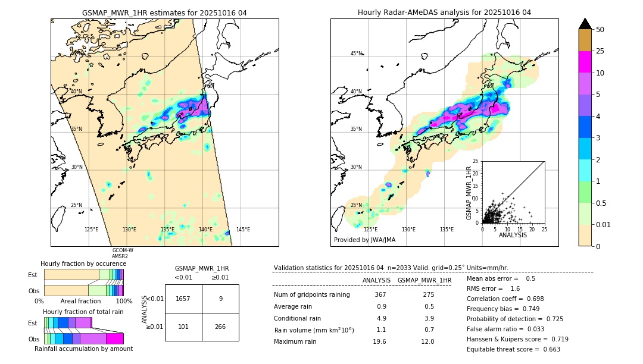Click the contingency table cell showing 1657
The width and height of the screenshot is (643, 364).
click(183, 299)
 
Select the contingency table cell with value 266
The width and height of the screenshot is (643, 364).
click(220, 326)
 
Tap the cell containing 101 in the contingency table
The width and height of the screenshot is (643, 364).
click(183, 326)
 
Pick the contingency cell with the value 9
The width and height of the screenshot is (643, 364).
click(220, 299)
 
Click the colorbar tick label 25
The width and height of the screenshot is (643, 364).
click(600, 51)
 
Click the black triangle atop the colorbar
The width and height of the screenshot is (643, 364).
click(585, 24)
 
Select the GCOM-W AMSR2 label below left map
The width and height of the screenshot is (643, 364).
click(123, 253)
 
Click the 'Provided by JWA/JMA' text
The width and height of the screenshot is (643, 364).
click(364, 240)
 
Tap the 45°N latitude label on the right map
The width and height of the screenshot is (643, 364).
click(356, 54)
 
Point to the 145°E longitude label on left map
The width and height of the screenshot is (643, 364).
click(243, 230)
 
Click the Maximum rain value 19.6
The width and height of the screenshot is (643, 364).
click(379, 341)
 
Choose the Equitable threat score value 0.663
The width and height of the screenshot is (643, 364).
click(546, 349)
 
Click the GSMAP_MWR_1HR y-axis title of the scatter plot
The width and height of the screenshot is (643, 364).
click(469, 192)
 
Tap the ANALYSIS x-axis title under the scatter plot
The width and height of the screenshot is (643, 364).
click(513, 235)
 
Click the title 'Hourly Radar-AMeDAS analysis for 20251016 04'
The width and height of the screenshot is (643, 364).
click(444, 12)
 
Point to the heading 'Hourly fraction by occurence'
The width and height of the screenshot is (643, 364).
click(83, 263)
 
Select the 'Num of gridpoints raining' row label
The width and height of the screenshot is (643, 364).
click(311, 295)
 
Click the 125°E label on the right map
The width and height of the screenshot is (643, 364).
click(370, 230)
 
